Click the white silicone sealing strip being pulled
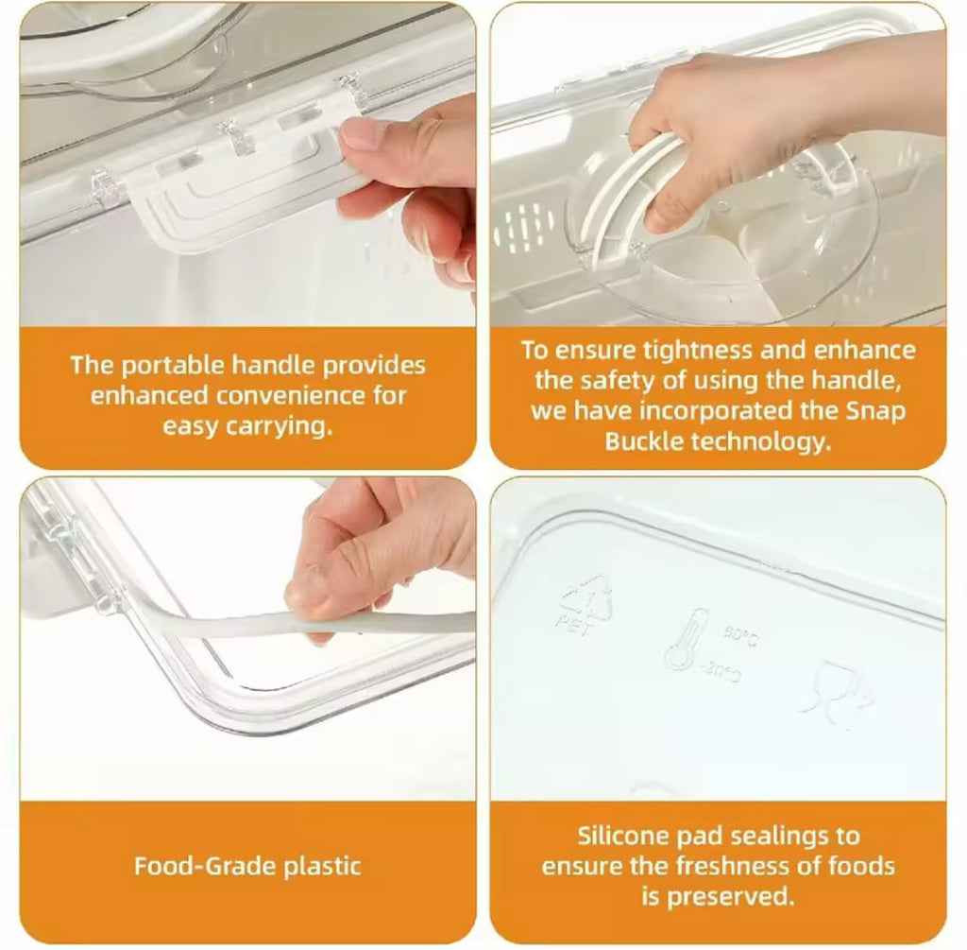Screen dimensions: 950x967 click(x=378, y=624)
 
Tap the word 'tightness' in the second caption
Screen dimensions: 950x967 click(x=690, y=352)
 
